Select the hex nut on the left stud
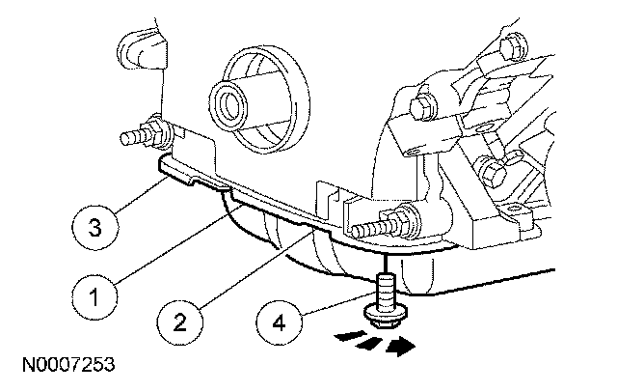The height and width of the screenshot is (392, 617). (x=153, y=130)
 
